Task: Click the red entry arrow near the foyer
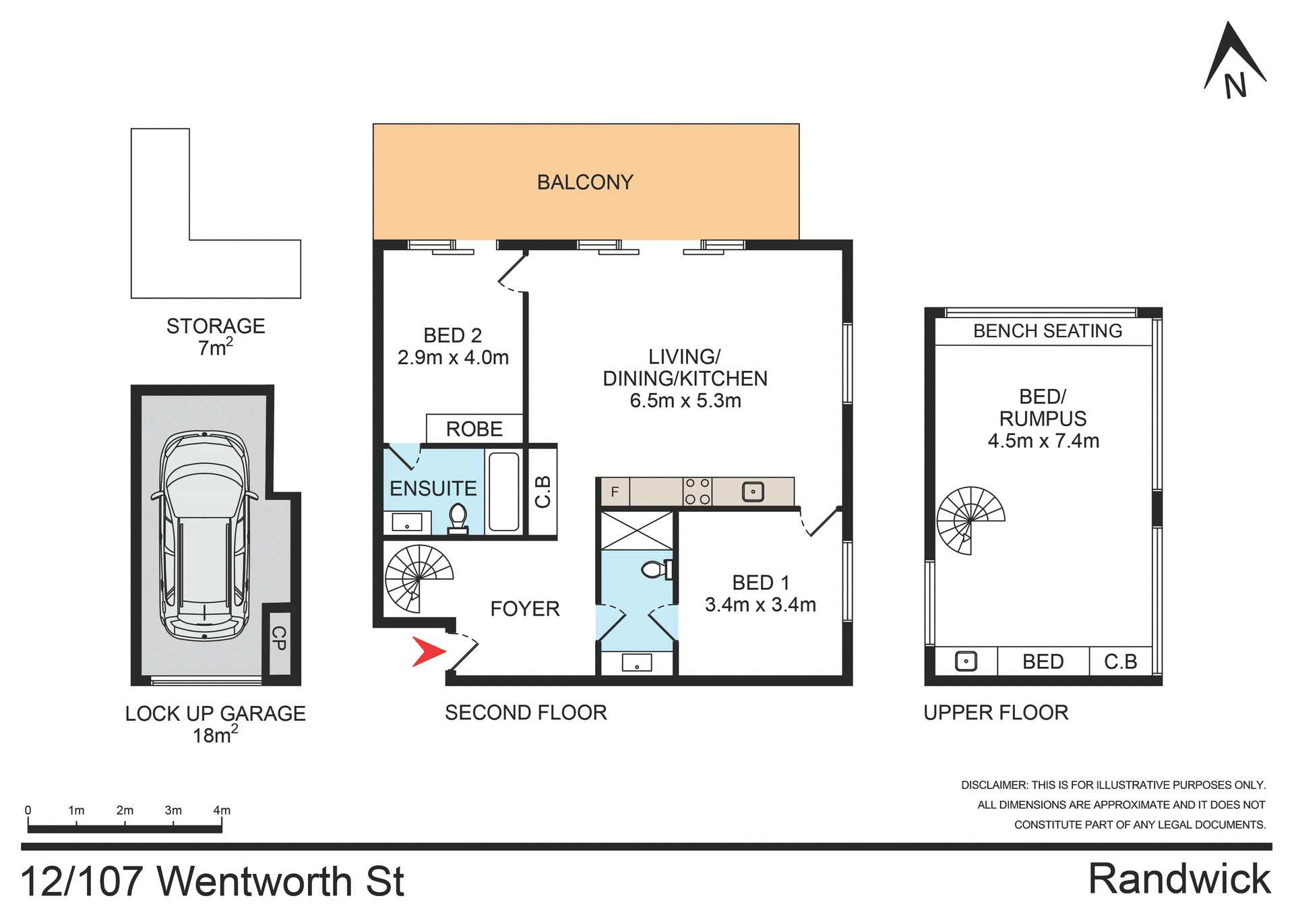pyautogui.click(x=427, y=651)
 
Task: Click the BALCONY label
pyautogui.click(x=585, y=182)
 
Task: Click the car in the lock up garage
pyautogui.click(x=204, y=536)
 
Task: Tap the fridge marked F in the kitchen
pyautogui.click(x=615, y=492)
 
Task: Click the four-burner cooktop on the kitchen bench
pyautogui.click(x=697, y=492)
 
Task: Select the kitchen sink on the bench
pyautogui.click(x=753, y=492)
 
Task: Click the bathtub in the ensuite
pyautogui.click(x=503, y=492)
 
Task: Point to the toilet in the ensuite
pyautogui.click(x=458, y=518)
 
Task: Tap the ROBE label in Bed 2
pyautogui.click(x=474, y=429)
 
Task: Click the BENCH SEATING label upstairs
pyautogui.click(x=1047, y=331)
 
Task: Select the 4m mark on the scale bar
pyautogui.click(x=222, y=810)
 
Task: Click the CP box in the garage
pyautogui.click(x=279, y=639)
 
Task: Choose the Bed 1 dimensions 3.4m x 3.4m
pyautogui.click(x=760, y=605)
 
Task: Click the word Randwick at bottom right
pyautogui.click(x=1179, y=879)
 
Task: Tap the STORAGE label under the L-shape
pyautogui.click(x=216, y=326)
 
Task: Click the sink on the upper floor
pyautogui.click(x=966, y=661)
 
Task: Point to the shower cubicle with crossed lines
pyautogui.click(x=637, y=531)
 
